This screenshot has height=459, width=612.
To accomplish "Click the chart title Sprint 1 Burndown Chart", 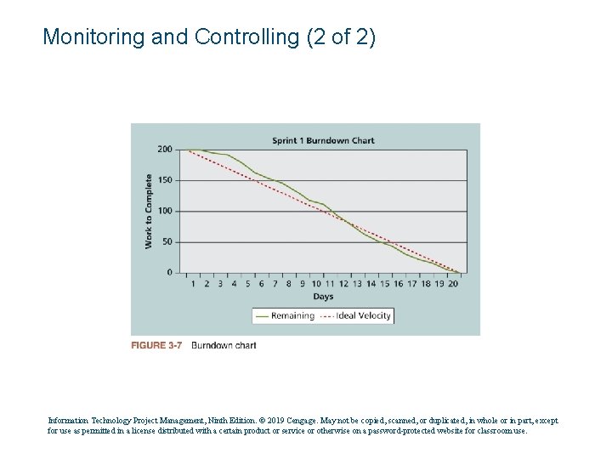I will pos(323,140).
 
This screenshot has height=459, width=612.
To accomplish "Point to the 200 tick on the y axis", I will pos(164,150).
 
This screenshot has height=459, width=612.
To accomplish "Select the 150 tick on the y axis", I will pos(164,180).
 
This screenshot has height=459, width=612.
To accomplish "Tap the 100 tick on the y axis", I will pos(164,211).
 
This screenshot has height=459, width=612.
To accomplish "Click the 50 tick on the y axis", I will pos(167,242).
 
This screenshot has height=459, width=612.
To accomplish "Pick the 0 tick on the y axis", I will pos(169,273).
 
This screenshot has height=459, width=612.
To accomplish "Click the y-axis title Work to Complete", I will pos(149,212).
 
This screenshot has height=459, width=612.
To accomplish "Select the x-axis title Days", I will pos(323,297).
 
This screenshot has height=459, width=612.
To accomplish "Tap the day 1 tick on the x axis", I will pos(192,284).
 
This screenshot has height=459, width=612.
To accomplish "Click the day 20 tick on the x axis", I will pos(454,284).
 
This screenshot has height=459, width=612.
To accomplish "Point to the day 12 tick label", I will pos(343,284).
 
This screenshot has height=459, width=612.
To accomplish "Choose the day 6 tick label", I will pos(261,284).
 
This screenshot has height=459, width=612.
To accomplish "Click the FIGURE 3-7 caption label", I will pos(156,346).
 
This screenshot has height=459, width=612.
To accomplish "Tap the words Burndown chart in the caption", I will pos(224,346).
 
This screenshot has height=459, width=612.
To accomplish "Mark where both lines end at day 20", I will pos(460,273).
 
